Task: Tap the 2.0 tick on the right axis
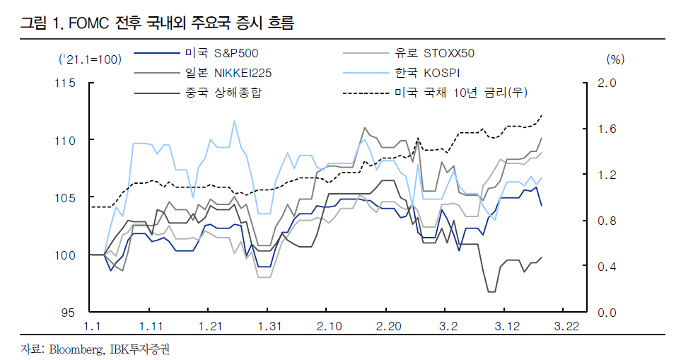pos(607,83)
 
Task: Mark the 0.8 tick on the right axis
pos(607,221)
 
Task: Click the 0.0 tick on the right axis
pos(607,312)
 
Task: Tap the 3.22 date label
pos(566,327)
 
